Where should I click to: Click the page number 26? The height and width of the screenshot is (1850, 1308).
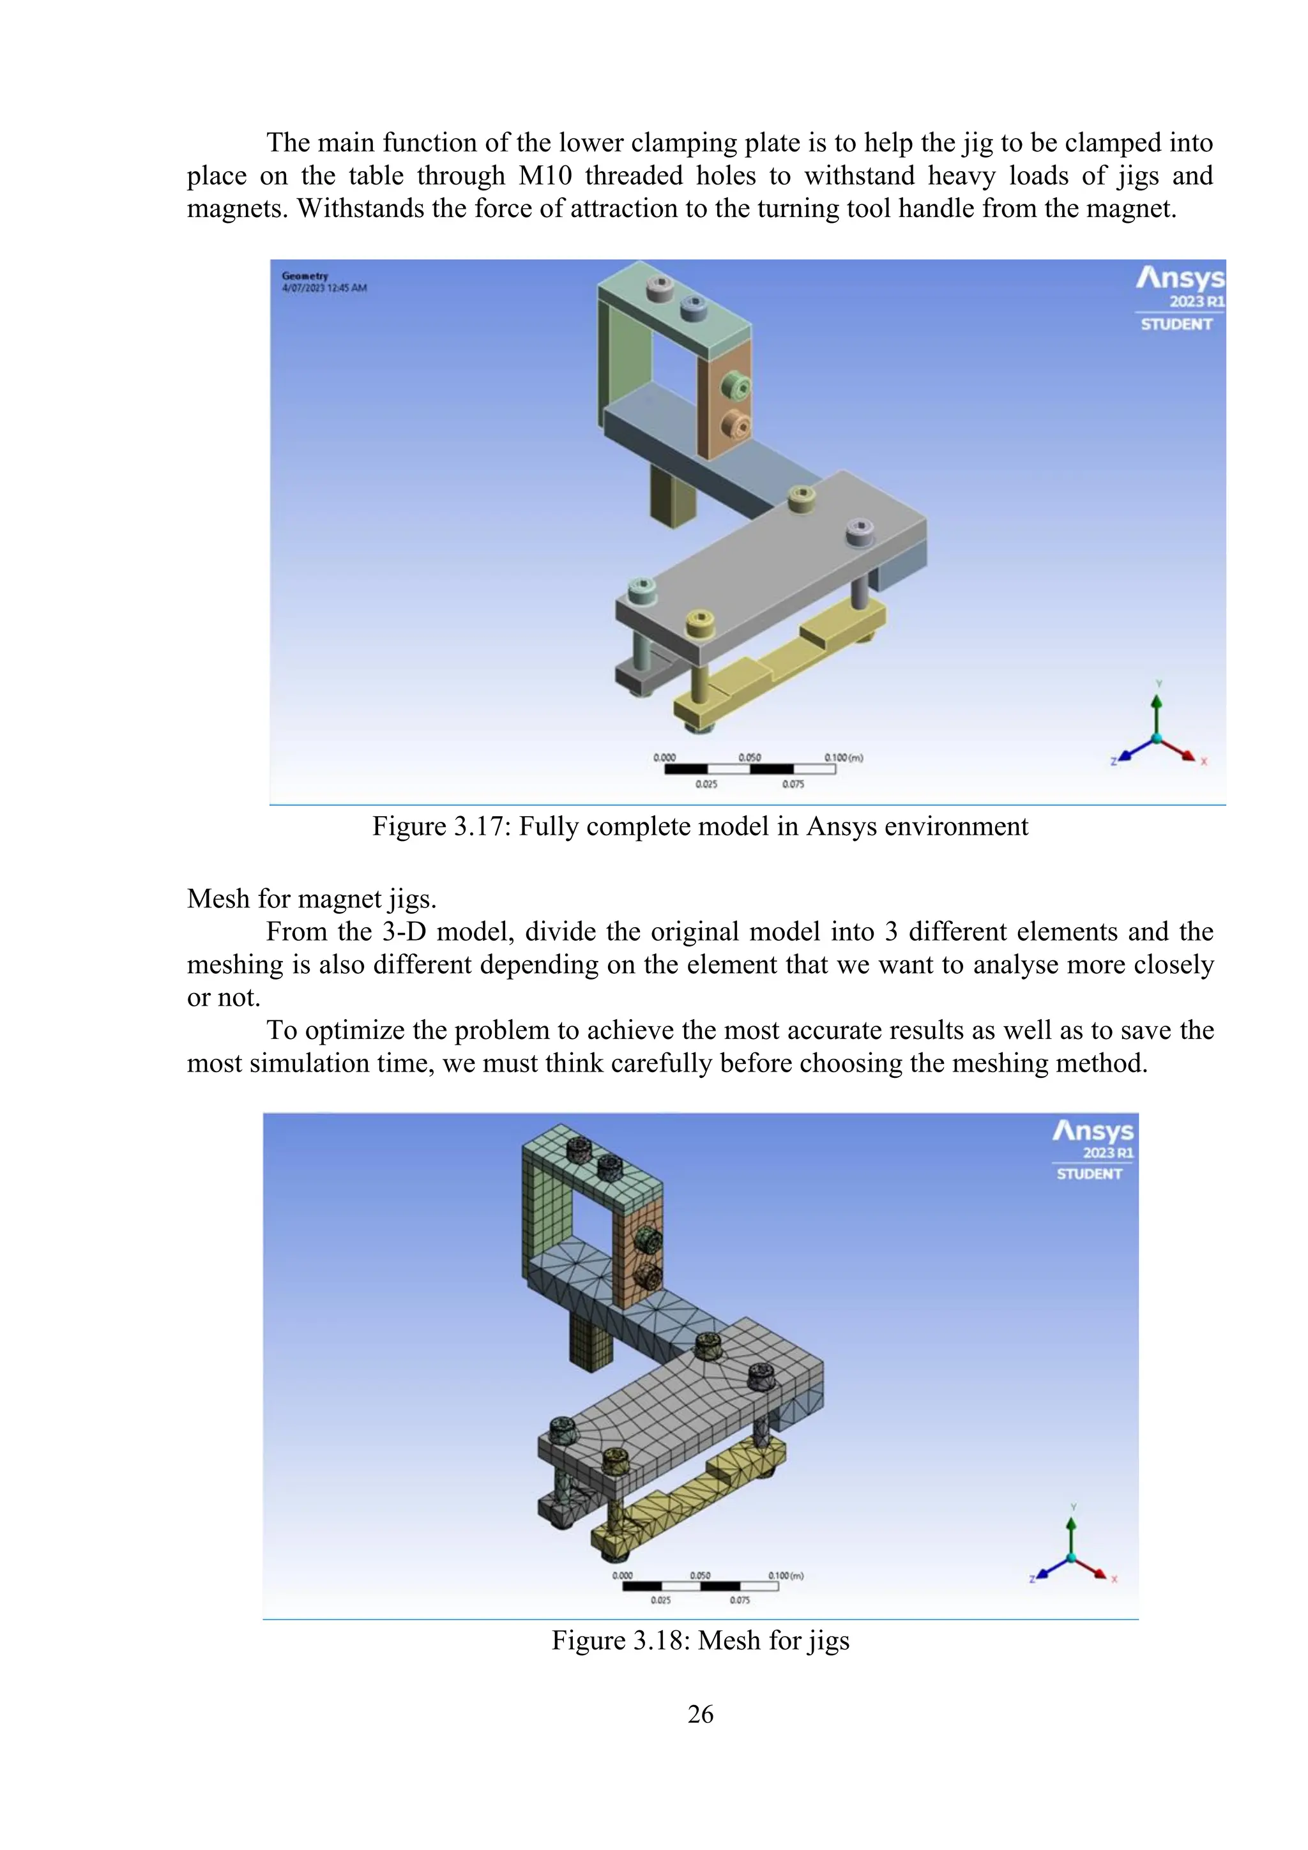pos(699,1714)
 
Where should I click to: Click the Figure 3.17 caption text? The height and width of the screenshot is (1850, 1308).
pos(699,827)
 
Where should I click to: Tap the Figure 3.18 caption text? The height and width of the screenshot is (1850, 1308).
pos(699,1640)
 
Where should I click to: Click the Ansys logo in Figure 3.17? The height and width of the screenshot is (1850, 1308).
pos(1180,279)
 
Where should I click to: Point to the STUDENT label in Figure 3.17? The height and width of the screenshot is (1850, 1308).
pos(1176,324)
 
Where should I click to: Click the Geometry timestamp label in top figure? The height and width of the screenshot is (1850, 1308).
pos(323,282)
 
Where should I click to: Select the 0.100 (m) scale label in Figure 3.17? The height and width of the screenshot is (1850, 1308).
pos(843,757)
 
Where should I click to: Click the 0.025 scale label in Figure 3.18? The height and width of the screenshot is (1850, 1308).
pos(661,1600)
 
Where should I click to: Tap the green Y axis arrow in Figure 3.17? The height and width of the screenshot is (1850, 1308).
pos(1157,709)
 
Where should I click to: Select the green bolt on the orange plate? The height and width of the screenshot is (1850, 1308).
pos(735,386)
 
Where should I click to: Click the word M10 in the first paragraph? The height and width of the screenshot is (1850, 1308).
pos(545,176)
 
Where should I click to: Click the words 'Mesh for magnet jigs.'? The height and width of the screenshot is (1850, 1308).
pos(311,898)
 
